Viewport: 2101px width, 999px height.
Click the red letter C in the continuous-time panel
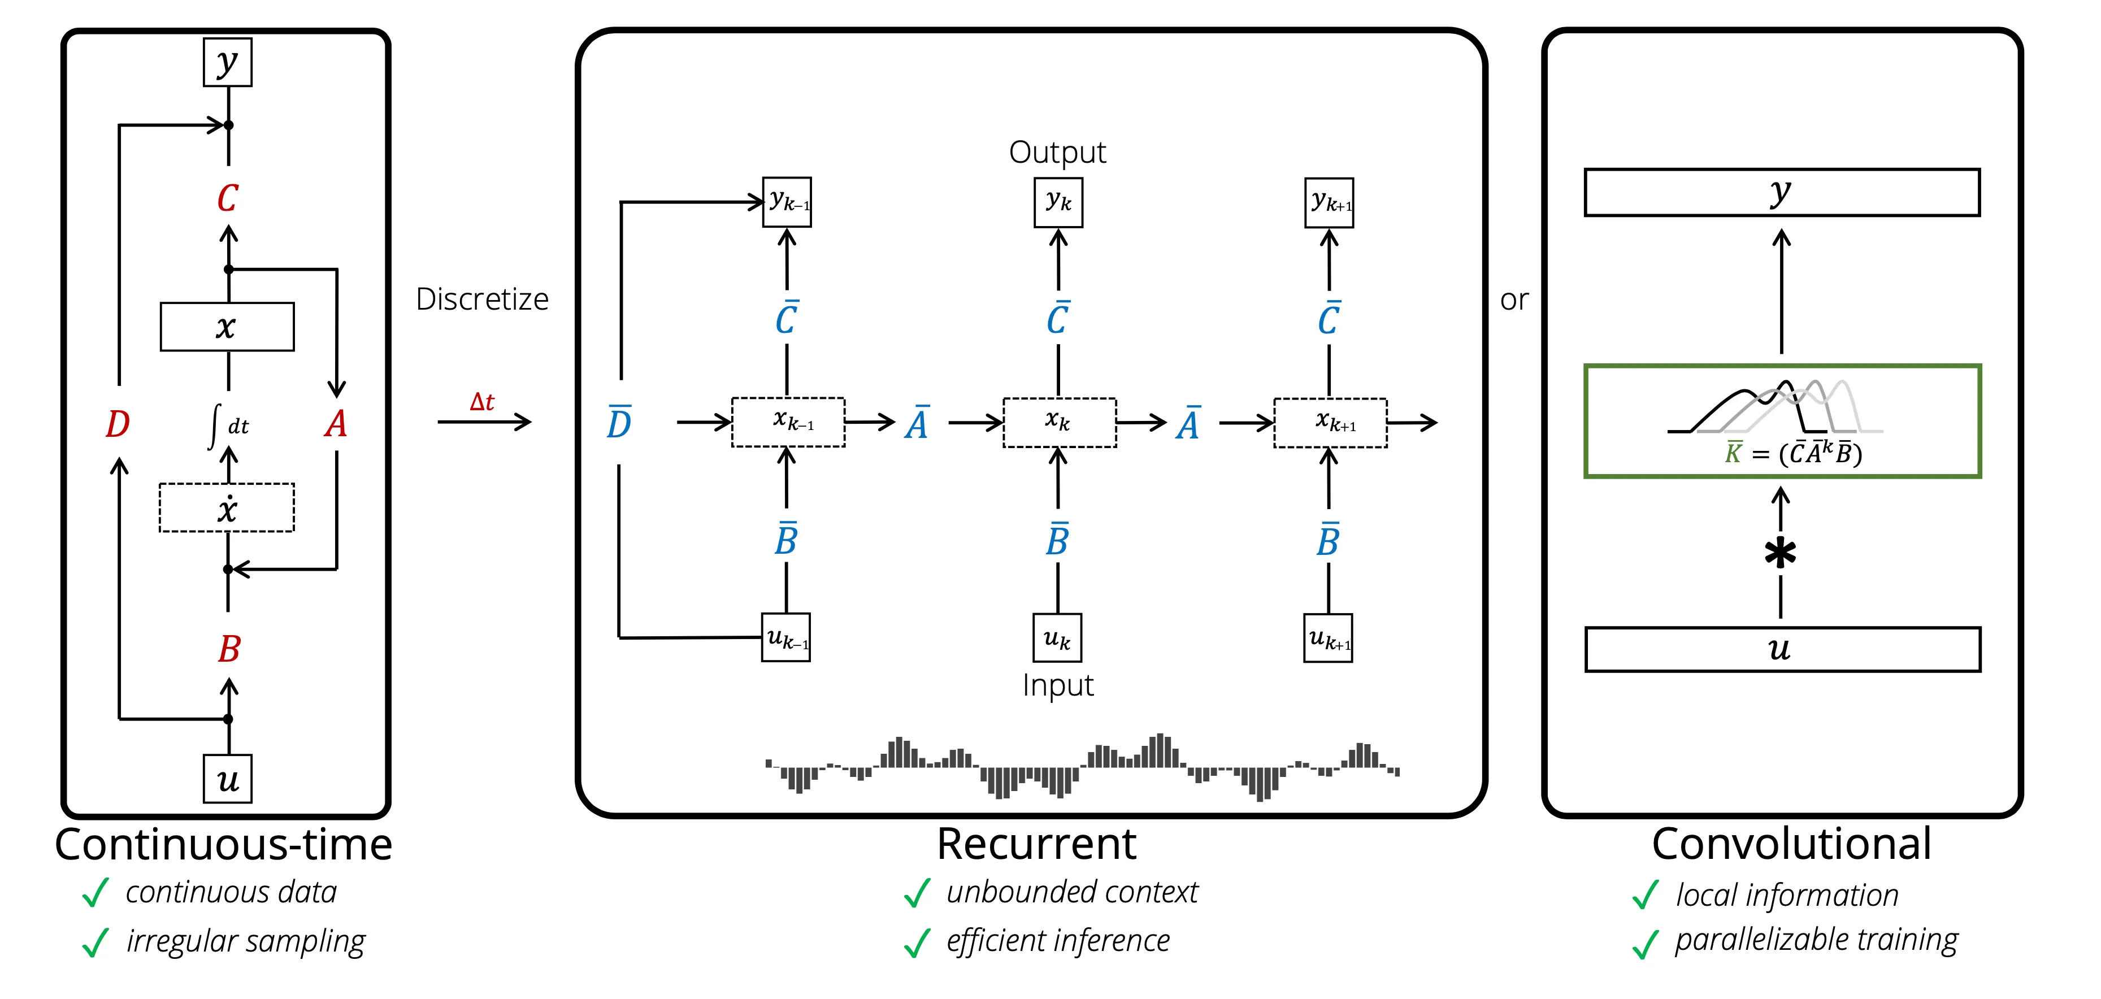click(228, 198)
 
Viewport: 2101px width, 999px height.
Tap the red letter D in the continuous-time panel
click(118, 424)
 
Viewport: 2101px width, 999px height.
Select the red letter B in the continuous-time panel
click(229, 649)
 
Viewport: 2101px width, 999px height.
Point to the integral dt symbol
click(228, 425)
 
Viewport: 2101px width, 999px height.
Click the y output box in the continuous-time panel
click(228, 62)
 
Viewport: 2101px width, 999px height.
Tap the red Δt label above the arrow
click(482, 401)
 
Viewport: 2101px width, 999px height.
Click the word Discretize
click(482, 299)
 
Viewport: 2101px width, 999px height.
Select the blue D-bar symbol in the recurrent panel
click(619, 422)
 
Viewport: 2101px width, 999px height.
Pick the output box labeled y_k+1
click(1330, 203)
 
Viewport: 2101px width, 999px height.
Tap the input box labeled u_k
click(1058, 638)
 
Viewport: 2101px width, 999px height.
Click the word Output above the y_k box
click(1058, 153)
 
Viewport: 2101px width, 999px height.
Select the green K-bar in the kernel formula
click(1733, 452)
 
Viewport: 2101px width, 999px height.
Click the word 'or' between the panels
click(1514, 300)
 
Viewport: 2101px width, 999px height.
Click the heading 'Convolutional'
click(1792, 844)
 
